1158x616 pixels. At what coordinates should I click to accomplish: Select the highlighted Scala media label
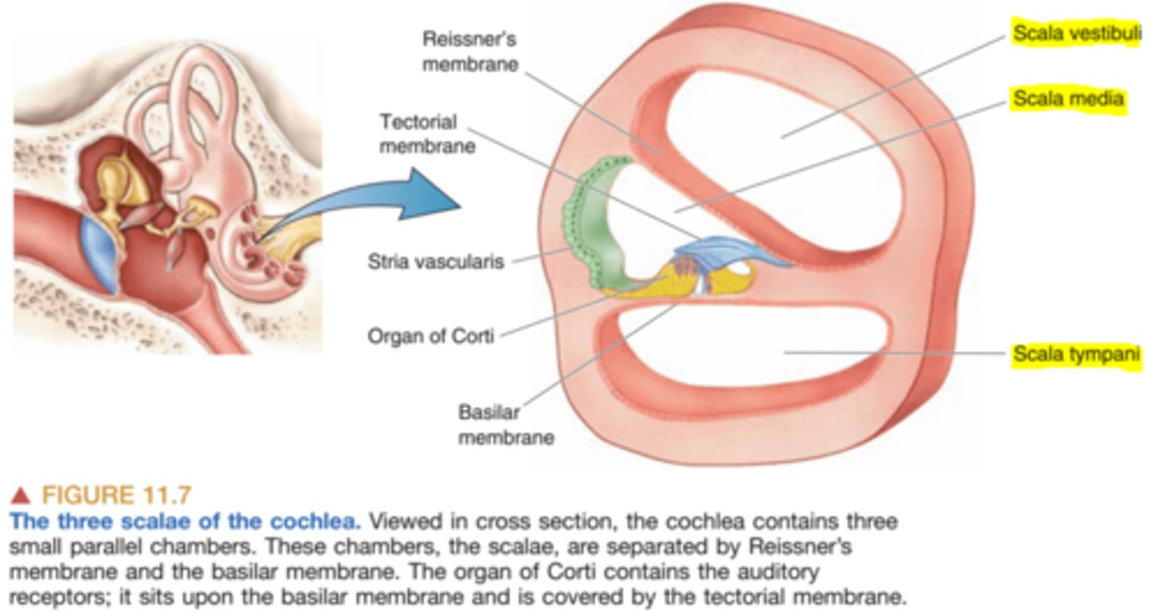point(1067,99)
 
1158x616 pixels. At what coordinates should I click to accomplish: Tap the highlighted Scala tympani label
point(1075,354)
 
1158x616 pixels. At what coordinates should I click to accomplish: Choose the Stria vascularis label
point(435,261)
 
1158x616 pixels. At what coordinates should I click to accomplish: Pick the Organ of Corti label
point(430,335)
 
